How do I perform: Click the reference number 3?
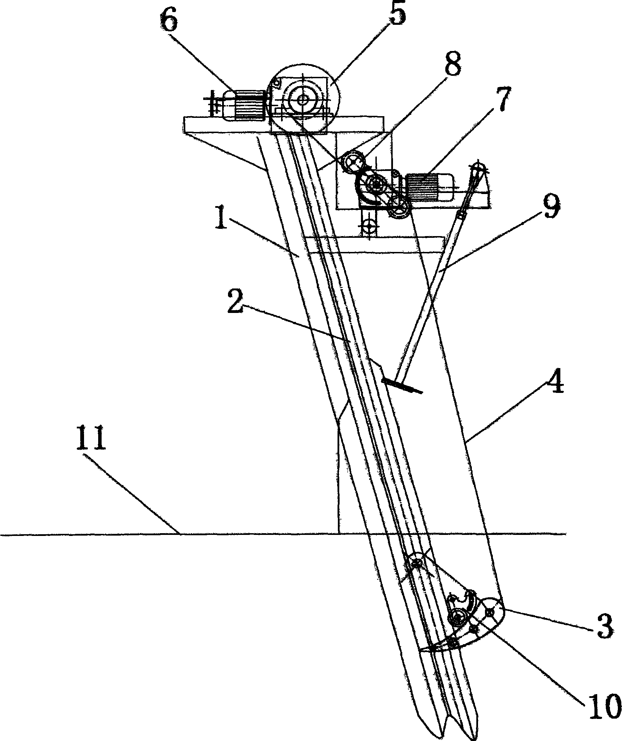[x=605, y=625]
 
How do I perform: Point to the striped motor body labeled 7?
[x=422, y=187]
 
